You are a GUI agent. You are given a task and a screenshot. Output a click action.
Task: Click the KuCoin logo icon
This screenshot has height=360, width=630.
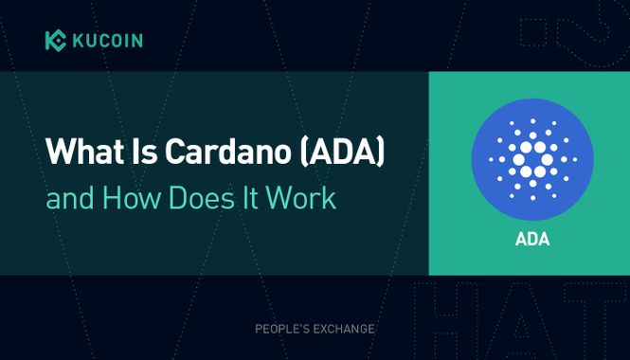click(x=55, y=40)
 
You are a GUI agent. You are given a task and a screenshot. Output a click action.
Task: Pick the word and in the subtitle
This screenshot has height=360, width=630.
click(x=68, y=201)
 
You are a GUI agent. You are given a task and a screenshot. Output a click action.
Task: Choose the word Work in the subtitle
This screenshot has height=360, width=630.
click(x=303, y=201)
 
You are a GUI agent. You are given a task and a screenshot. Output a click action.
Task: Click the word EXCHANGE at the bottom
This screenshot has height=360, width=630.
click(x=346, y=329)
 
